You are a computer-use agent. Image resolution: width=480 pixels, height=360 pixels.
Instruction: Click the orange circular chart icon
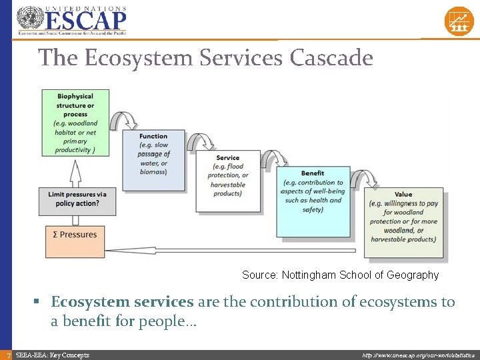(x=459, y=21)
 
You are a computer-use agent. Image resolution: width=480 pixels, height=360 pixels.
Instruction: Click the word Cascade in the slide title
(x=331, y=58)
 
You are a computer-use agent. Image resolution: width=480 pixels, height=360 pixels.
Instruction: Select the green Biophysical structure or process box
(x=75, y=123)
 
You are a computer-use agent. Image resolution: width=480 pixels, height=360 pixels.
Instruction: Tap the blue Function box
(x=153, y=159)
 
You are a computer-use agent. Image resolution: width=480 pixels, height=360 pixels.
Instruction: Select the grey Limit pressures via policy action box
(x=77, y=199)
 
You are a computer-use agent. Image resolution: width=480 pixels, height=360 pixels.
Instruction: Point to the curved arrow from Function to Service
(x=199, y=141)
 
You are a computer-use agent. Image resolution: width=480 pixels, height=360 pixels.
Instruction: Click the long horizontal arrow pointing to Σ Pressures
(x=233, y=251)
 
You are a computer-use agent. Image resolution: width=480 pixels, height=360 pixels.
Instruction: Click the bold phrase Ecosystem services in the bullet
(x=122, y=302)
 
